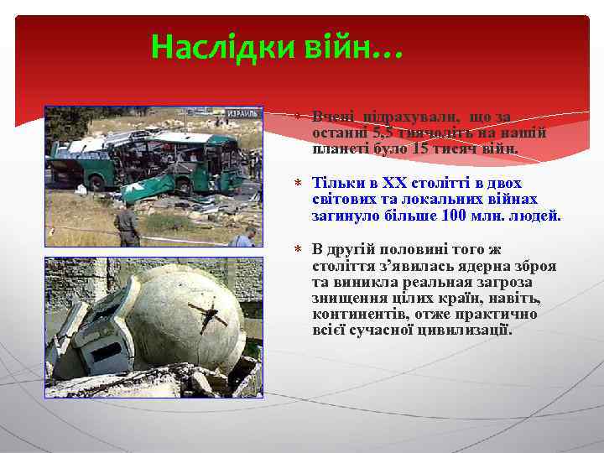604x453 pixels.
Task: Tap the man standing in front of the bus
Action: click(128, 225)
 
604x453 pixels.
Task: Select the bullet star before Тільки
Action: click(299, 183)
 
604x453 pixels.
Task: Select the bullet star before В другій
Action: click(299, 249)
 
